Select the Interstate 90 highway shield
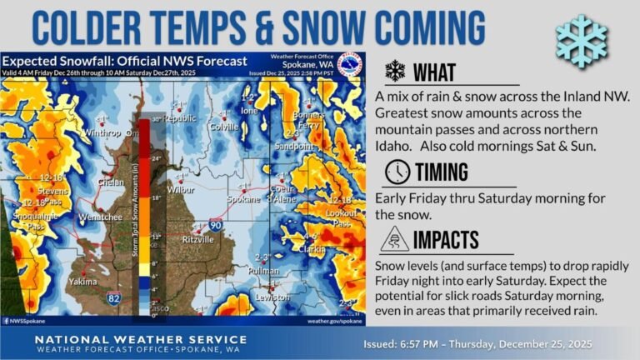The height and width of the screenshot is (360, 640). point(215,224)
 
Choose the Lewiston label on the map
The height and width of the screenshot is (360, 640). point(272,297)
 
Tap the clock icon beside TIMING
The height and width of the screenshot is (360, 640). point(397,172)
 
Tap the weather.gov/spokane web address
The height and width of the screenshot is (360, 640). point(335,320)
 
